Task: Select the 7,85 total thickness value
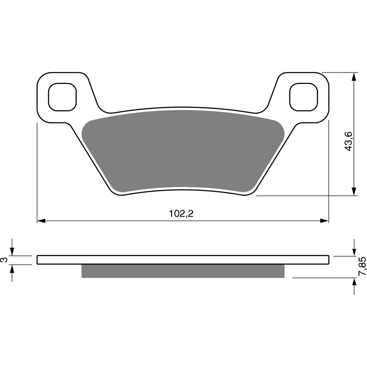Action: click(362, 266)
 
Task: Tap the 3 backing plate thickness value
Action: click(5, 260)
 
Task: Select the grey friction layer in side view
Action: click(183, 271)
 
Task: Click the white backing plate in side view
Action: click(183, 260)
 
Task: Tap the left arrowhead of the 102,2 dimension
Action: click(40, 221)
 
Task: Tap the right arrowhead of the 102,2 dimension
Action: click(326, 221)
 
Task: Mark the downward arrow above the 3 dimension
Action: click(13, 251)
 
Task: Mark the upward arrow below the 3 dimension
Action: click(13, 268)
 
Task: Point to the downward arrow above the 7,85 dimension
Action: click(354, 251)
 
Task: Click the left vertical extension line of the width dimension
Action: click(37, 174)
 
